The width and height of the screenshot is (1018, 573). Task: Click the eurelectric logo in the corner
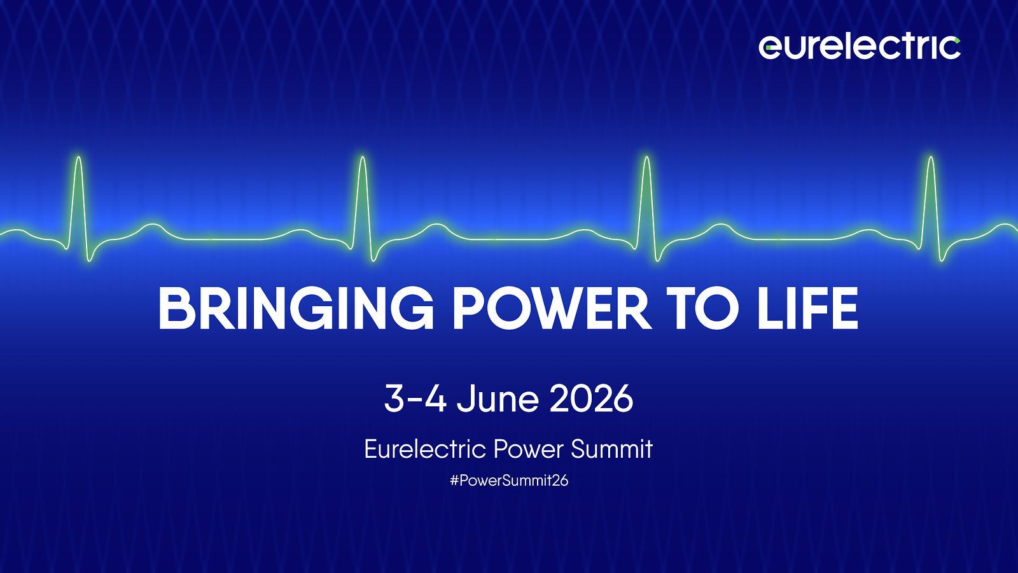(860, 47)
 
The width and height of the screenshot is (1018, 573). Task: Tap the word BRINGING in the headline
(295, 308)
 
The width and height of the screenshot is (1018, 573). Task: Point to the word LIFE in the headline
(807, 308)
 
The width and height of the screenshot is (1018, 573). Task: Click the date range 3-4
(415, 399)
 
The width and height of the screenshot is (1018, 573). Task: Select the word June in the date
(498, 399)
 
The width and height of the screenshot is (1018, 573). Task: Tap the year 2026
(591, 399)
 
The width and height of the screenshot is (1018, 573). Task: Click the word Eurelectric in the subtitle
(426, 449)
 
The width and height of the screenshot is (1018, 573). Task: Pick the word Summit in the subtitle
(611, 449)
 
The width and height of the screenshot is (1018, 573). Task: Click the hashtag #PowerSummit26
(509, 481)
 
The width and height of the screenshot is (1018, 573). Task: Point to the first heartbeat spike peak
(79, 158)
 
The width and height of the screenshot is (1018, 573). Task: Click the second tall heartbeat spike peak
(363, 158)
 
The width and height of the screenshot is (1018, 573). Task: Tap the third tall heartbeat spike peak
(646, 158)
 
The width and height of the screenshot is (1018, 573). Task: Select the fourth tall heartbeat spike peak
(931, 158)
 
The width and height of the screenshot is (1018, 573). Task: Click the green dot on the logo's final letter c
(957, 41)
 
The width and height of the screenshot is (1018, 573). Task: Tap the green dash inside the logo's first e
(768, 47)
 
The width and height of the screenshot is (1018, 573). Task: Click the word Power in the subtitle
(529, 449)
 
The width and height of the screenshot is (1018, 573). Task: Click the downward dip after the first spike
(90, 260)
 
